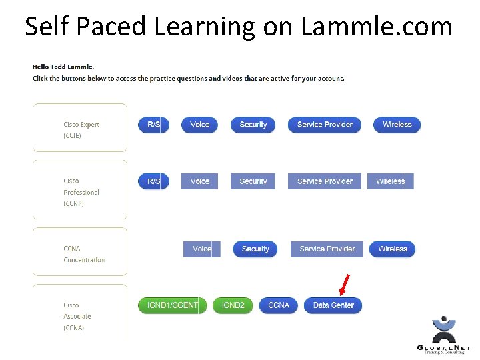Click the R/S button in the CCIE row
153,125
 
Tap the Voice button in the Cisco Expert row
199,125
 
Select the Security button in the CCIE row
253,125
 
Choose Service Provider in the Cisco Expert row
325,125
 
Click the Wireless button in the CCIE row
397,125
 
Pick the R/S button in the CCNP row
153,181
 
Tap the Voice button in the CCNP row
199,181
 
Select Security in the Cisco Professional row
253,181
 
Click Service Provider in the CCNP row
325,181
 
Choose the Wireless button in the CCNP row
391,181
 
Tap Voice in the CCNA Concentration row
201,249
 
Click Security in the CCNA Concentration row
255,249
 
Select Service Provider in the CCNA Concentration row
327,249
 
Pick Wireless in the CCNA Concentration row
393,249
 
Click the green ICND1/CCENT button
172,305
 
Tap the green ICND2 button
233,305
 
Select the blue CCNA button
279,305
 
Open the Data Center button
333,305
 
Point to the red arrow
345,284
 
